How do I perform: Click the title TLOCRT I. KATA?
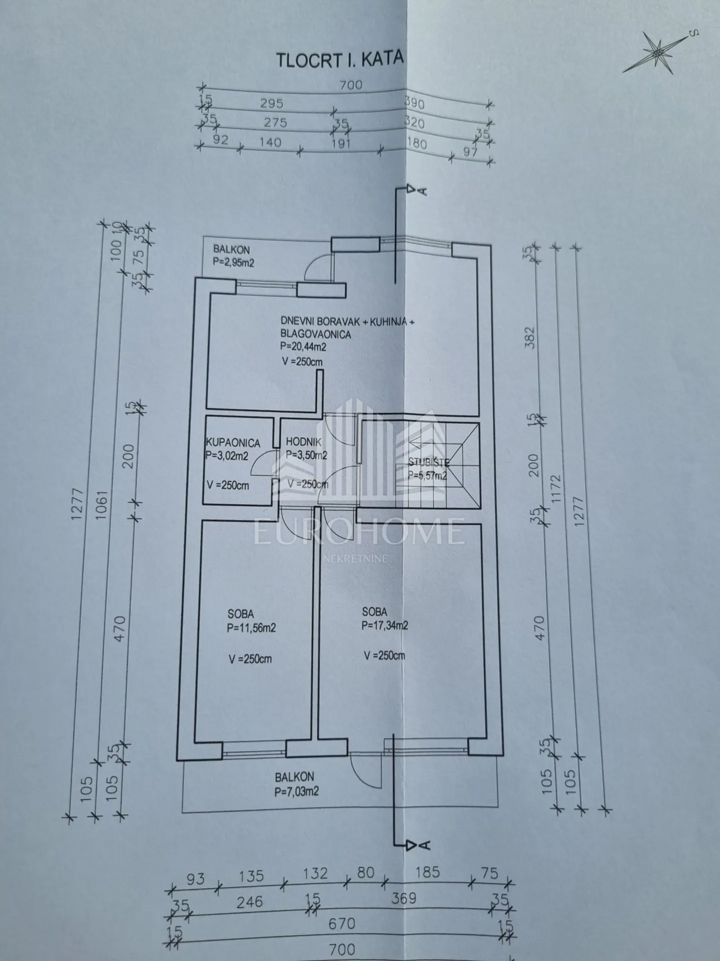340,59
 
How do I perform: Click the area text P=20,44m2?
304,346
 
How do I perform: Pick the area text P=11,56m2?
251,628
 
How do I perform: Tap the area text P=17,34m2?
385,626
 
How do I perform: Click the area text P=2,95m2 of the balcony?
234,262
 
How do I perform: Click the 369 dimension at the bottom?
403,898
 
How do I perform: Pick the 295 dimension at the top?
272,103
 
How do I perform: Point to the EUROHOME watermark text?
359,532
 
